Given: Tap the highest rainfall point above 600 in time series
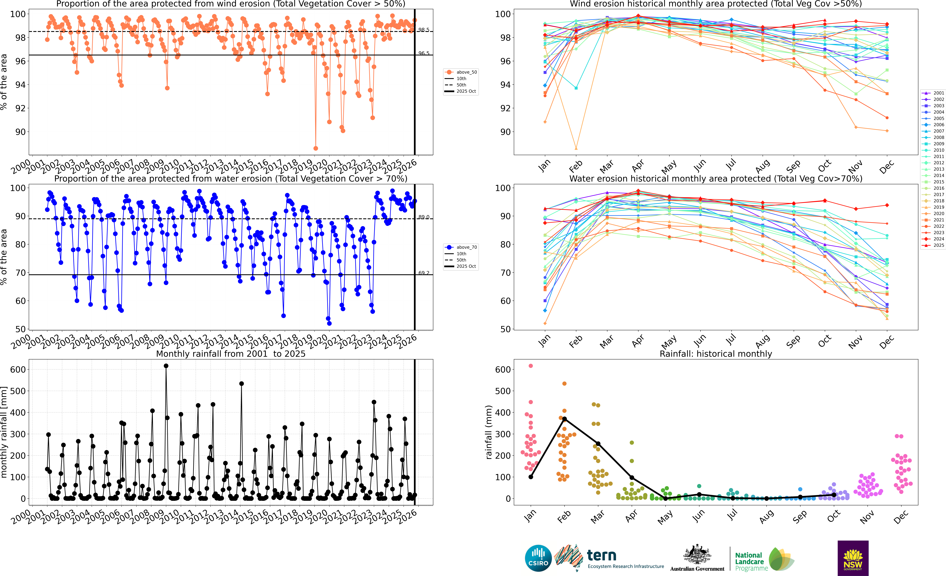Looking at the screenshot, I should click(166, 366).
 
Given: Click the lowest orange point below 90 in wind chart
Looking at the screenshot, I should click(316, 148).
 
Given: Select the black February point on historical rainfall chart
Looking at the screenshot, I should click(564, 419).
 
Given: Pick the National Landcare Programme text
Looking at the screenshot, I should click(751, 561).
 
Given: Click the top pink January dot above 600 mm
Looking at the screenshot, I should click(531, 366).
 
